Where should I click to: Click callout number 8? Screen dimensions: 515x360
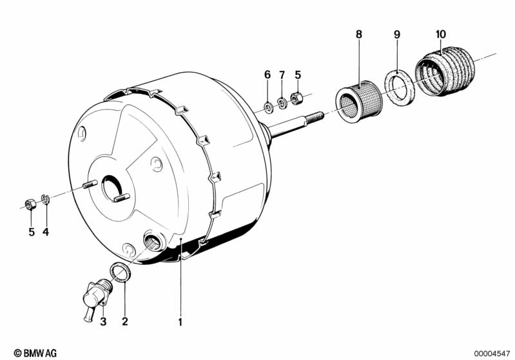[x=358, y=34]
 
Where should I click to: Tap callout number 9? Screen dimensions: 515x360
[x=397, y=34]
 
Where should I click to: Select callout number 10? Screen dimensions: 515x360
[x=441, y=34]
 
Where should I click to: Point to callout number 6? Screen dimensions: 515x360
[x=267, y=75]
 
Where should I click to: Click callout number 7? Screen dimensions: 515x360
[x=282, y=75]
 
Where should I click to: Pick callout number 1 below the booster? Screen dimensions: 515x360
[x=180, y=322]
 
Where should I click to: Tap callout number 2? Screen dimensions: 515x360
[x=124, y=321]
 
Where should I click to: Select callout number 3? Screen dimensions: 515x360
[x=103, y=321]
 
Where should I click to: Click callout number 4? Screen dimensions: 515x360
[x=46, y=232]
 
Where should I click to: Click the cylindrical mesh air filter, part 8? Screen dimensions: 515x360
[x=359, y=101]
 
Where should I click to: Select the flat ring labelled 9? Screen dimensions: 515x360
[x=400, y=88]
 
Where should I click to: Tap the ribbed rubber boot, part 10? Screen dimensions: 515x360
[x=444, y=71]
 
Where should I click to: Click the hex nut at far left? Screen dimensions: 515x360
[x=30, y=204]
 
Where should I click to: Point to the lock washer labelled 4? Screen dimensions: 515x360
[x=45, y=199]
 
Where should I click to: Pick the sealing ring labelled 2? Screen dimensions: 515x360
[x=119, y=272]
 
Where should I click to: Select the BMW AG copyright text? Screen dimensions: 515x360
[x=35, y=353]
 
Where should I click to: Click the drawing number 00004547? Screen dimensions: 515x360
[x=492, y=354]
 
